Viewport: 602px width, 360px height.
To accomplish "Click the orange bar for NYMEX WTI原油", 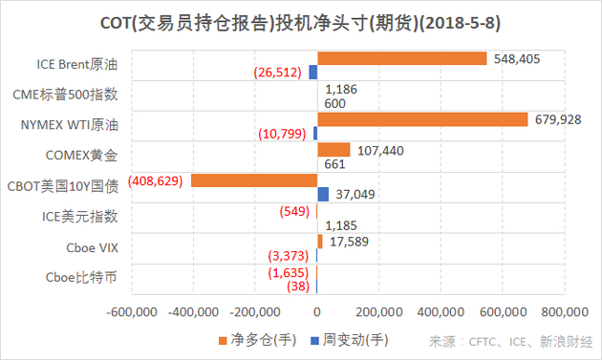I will coord(422,119).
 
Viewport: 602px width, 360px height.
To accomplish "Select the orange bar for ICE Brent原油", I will coord(402,58).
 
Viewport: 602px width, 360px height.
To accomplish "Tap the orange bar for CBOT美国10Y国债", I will coord(254,180).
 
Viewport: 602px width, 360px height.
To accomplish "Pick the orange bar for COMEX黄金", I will coord(333,150).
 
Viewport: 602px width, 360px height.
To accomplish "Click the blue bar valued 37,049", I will coord(323,195).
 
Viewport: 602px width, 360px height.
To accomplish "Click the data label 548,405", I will coord(517,58).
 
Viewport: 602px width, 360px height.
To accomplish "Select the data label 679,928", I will coord(559,119).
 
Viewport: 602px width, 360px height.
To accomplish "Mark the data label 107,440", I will coord(379,150).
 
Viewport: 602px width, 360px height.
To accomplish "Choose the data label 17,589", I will coord(351,242).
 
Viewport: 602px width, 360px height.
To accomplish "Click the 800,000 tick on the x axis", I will coord(566,311).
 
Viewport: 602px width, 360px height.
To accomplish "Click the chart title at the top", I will coord(301,21).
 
